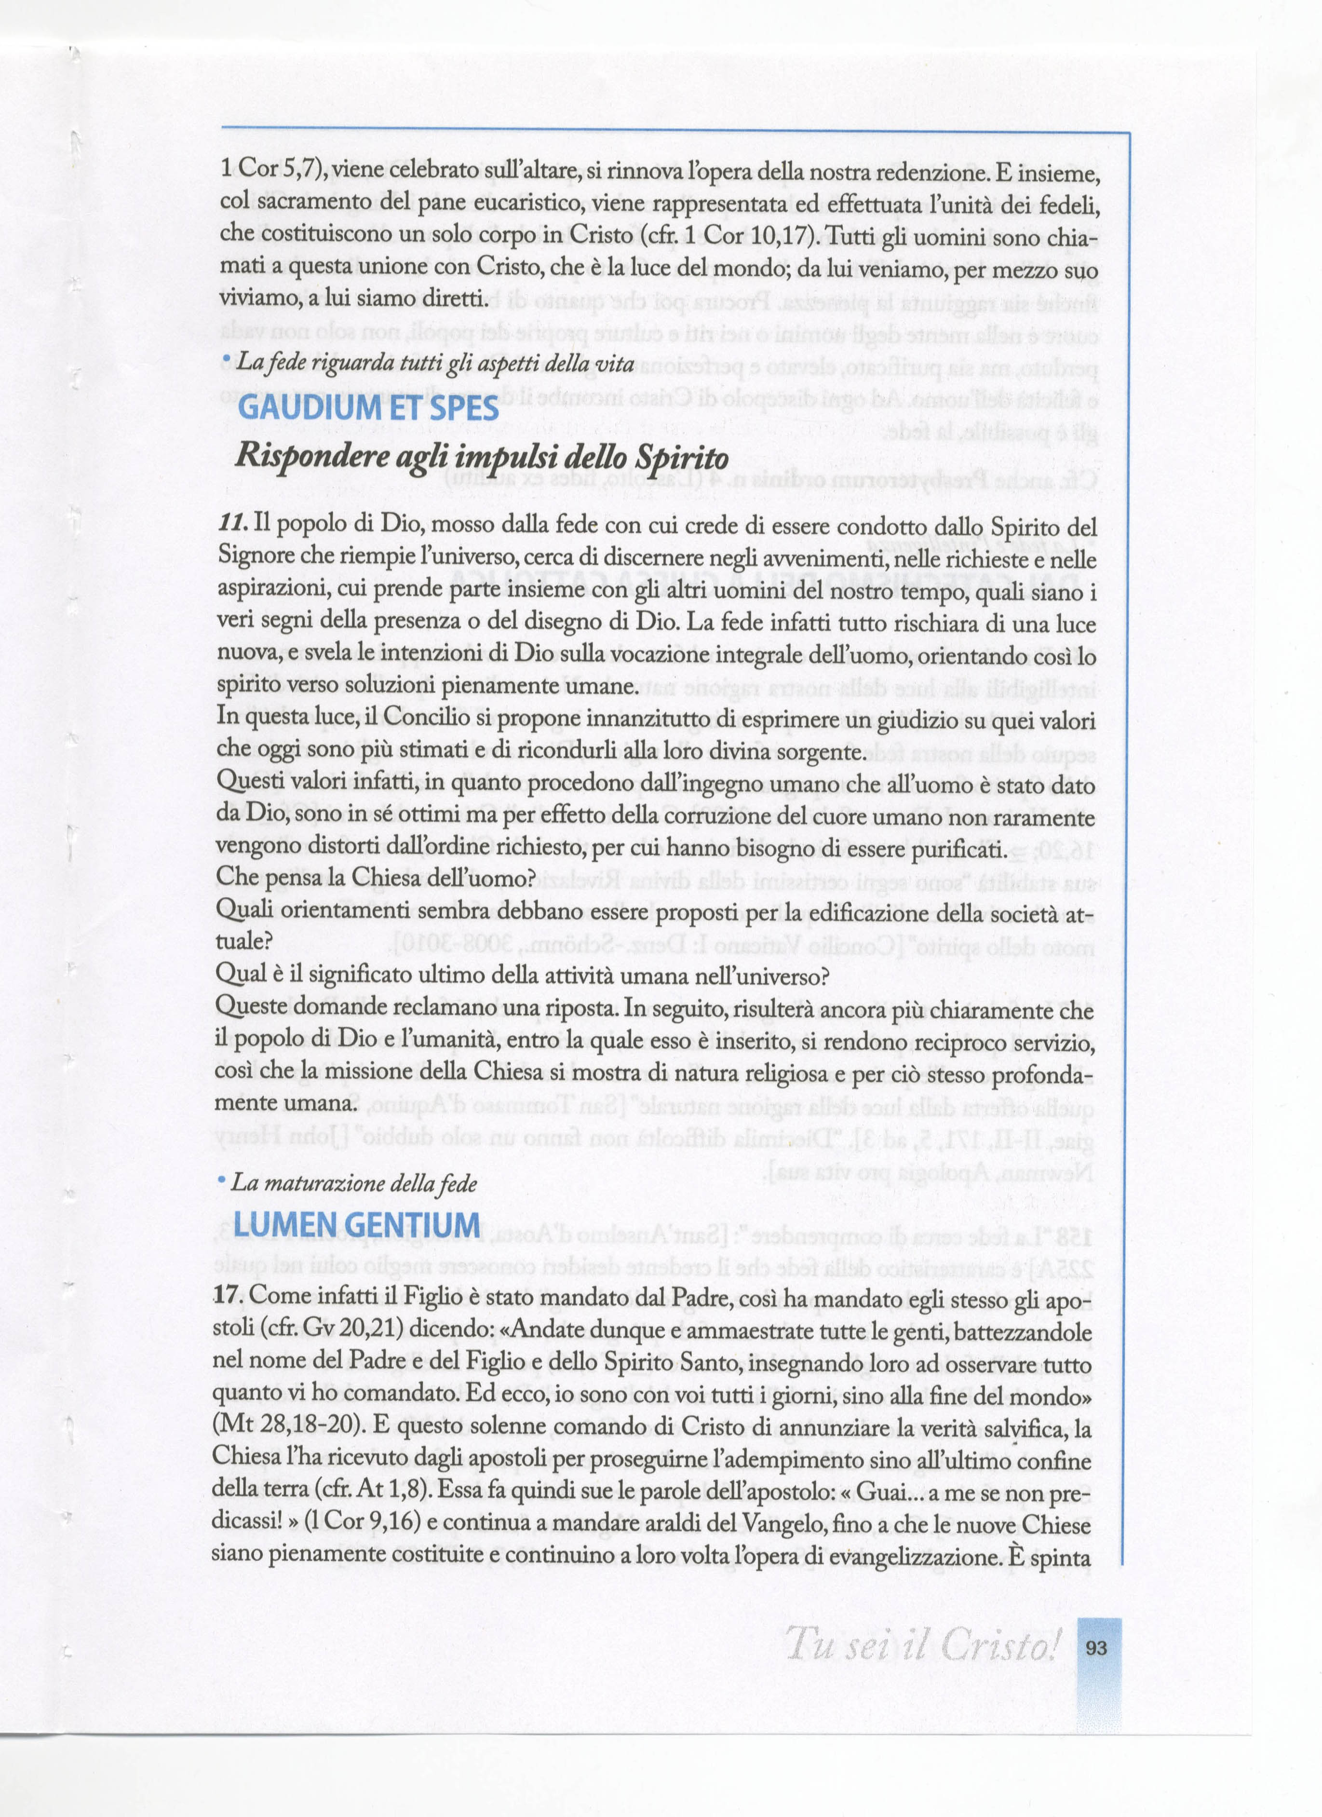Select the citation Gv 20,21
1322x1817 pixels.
(348, 1328)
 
